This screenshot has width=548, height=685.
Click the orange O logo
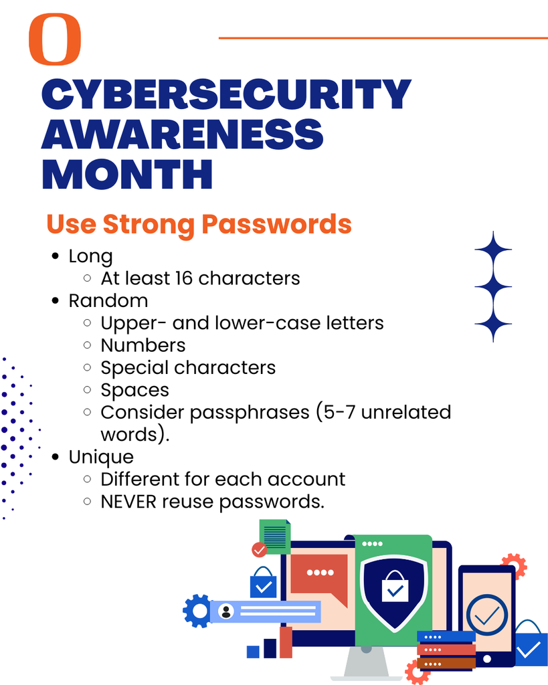click(x=55, y=39)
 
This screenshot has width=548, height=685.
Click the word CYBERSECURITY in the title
click(x=226, y=94)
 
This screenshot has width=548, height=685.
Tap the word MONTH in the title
click(x=127, y=174)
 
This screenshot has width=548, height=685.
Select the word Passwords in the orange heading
click(x=276, y=225)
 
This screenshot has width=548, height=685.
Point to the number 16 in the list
click(x=183, y=278)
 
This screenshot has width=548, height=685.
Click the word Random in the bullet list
click(x=108, y=300)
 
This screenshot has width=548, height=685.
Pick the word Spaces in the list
click(x=134, y=390)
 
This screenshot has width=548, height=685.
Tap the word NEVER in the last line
click(x=128, y=502)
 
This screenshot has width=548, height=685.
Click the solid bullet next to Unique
click(x=55, y=457)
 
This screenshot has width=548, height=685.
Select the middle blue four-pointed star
click(x=493, y=287)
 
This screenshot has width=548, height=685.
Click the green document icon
click(x=275, y=536)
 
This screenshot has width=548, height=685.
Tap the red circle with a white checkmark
click(x=260, y=550)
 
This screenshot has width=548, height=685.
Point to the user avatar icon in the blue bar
click(x=226, y=611)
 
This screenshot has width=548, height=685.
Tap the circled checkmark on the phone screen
click(x=487, y=615)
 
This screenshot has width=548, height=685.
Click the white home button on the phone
click(x=487, y=658)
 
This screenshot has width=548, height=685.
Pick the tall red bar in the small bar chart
click(x=286, y=642)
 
